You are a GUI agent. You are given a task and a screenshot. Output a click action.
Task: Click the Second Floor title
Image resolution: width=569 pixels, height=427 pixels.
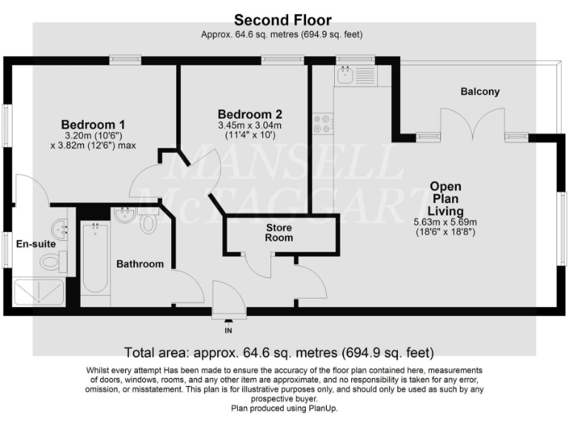(x=283, y=20)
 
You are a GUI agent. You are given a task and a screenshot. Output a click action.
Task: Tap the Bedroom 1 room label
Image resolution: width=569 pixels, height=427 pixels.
(x=93, y=124)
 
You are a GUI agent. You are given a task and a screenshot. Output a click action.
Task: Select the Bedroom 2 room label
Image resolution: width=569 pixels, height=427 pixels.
(x=250, y=114)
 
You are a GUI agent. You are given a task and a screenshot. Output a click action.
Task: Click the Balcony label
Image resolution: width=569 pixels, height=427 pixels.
(x=480, y=92)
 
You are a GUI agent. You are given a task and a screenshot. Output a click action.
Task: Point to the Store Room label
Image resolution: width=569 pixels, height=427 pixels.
(x=279, y=232)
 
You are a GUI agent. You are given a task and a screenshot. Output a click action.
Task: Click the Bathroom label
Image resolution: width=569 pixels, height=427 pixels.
(x=139, y=264)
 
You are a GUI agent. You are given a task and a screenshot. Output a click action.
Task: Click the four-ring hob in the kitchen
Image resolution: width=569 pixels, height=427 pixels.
(x=323, y=123)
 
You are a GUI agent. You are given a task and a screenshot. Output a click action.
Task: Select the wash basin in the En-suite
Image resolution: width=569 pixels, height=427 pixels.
(x=59, y=227)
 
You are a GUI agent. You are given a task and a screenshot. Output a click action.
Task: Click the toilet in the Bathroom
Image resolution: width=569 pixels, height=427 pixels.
(x=148, y=222)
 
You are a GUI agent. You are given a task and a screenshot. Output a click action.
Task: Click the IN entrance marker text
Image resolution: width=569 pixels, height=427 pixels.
(x=228, y=331)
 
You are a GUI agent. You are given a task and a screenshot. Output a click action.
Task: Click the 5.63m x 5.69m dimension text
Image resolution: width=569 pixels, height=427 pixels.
(x=444, y=222)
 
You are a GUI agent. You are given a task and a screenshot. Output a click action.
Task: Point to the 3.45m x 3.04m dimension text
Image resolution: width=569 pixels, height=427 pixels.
(x=249, y=125)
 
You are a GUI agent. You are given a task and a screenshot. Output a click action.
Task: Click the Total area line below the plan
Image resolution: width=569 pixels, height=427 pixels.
(x=279, y=352)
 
